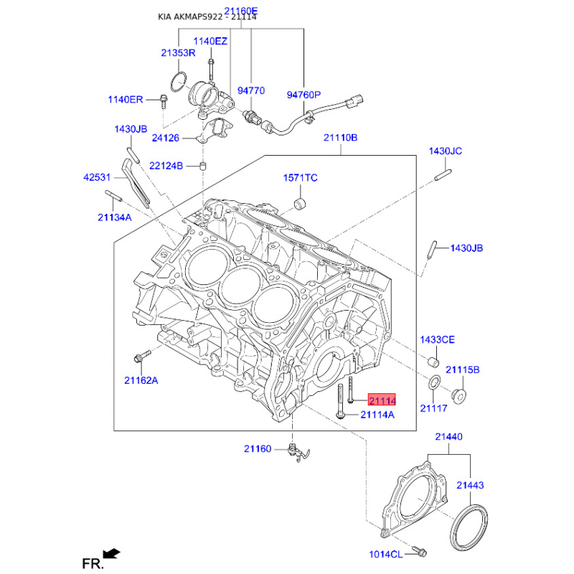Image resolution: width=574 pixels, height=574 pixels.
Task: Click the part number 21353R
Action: (178, 53)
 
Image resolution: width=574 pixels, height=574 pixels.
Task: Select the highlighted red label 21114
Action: (382, 401)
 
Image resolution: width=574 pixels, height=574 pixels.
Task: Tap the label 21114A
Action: (377, 414)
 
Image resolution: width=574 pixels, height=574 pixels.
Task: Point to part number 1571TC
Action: (300, 177)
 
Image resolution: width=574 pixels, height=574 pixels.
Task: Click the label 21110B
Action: (340, 137)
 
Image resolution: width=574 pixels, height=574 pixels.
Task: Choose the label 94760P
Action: (304, 94)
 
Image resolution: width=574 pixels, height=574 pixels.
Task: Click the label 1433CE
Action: (437, 339)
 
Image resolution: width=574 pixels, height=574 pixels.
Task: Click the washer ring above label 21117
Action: (434, 384)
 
